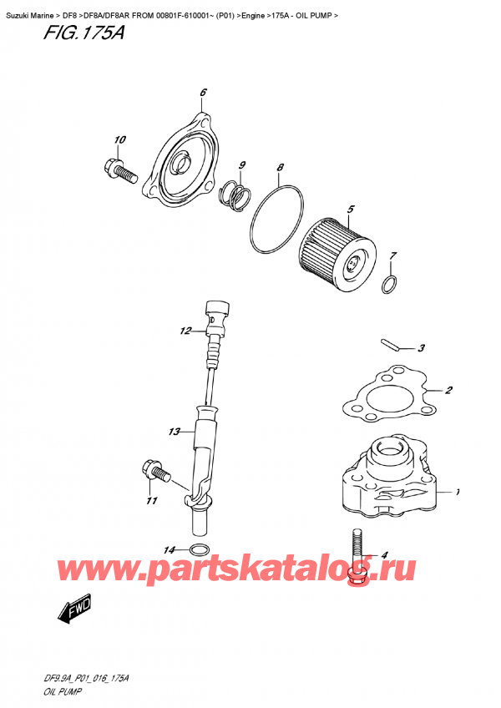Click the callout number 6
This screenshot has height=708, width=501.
point(203,92)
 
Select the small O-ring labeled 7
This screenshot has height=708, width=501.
point(389,286)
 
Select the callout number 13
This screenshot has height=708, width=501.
point(174,432)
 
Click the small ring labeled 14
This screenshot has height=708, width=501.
point(200,549)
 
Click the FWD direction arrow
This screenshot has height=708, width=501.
point(73,613)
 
